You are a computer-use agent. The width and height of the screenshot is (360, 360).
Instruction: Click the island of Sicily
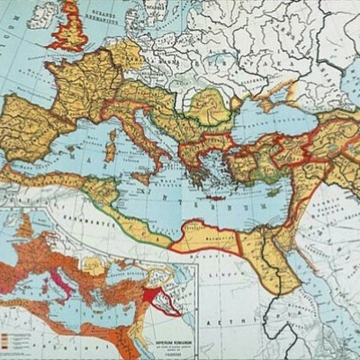(144, 170)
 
